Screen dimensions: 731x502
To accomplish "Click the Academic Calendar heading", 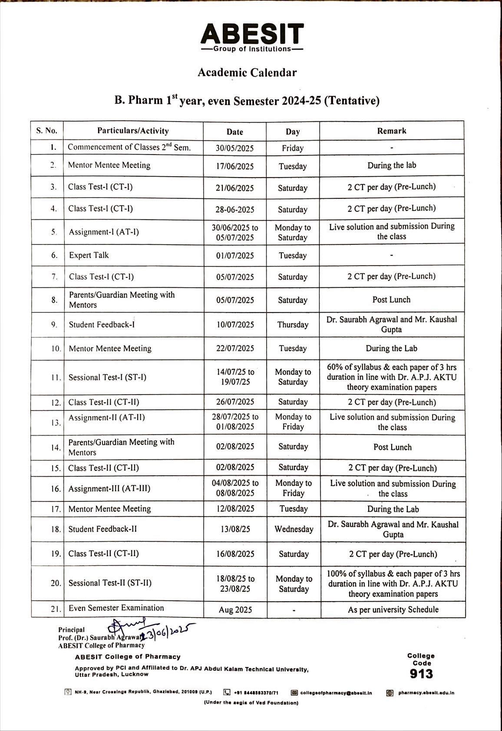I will coord(247,72).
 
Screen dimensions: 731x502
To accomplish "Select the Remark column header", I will coord(392,131).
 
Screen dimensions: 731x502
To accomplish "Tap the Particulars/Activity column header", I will coord(133,131).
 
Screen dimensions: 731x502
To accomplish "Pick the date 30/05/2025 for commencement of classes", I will coord(234,148).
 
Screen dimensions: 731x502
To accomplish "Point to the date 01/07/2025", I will coord(235,256).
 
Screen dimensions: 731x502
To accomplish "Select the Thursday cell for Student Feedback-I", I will coord(293,325).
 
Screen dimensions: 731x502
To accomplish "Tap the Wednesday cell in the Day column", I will coord(294,529).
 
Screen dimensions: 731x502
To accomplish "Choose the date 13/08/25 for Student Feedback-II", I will coord(235,529).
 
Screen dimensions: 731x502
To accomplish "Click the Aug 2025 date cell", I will coord(235,610).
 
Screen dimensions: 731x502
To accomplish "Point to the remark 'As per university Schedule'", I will coord(393,609).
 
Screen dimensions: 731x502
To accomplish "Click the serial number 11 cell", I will coord(55,378).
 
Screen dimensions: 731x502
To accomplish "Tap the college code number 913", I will coord(421,674).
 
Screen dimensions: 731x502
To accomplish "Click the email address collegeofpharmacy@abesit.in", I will coord(336,693).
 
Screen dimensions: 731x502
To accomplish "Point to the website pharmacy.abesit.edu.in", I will coord(426,693).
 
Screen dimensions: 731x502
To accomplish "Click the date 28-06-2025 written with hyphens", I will coord(235,210).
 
